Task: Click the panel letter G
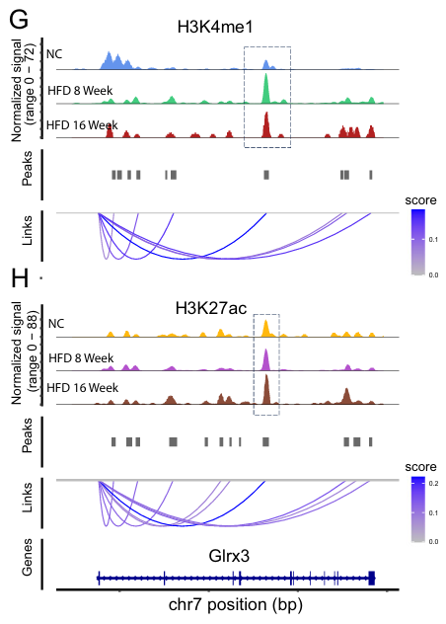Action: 17,19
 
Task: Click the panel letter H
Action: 18,279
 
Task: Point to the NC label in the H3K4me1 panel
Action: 56,55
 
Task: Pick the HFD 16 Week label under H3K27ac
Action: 83,386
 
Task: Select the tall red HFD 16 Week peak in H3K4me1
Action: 265,124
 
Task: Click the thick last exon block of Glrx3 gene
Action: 372,577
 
